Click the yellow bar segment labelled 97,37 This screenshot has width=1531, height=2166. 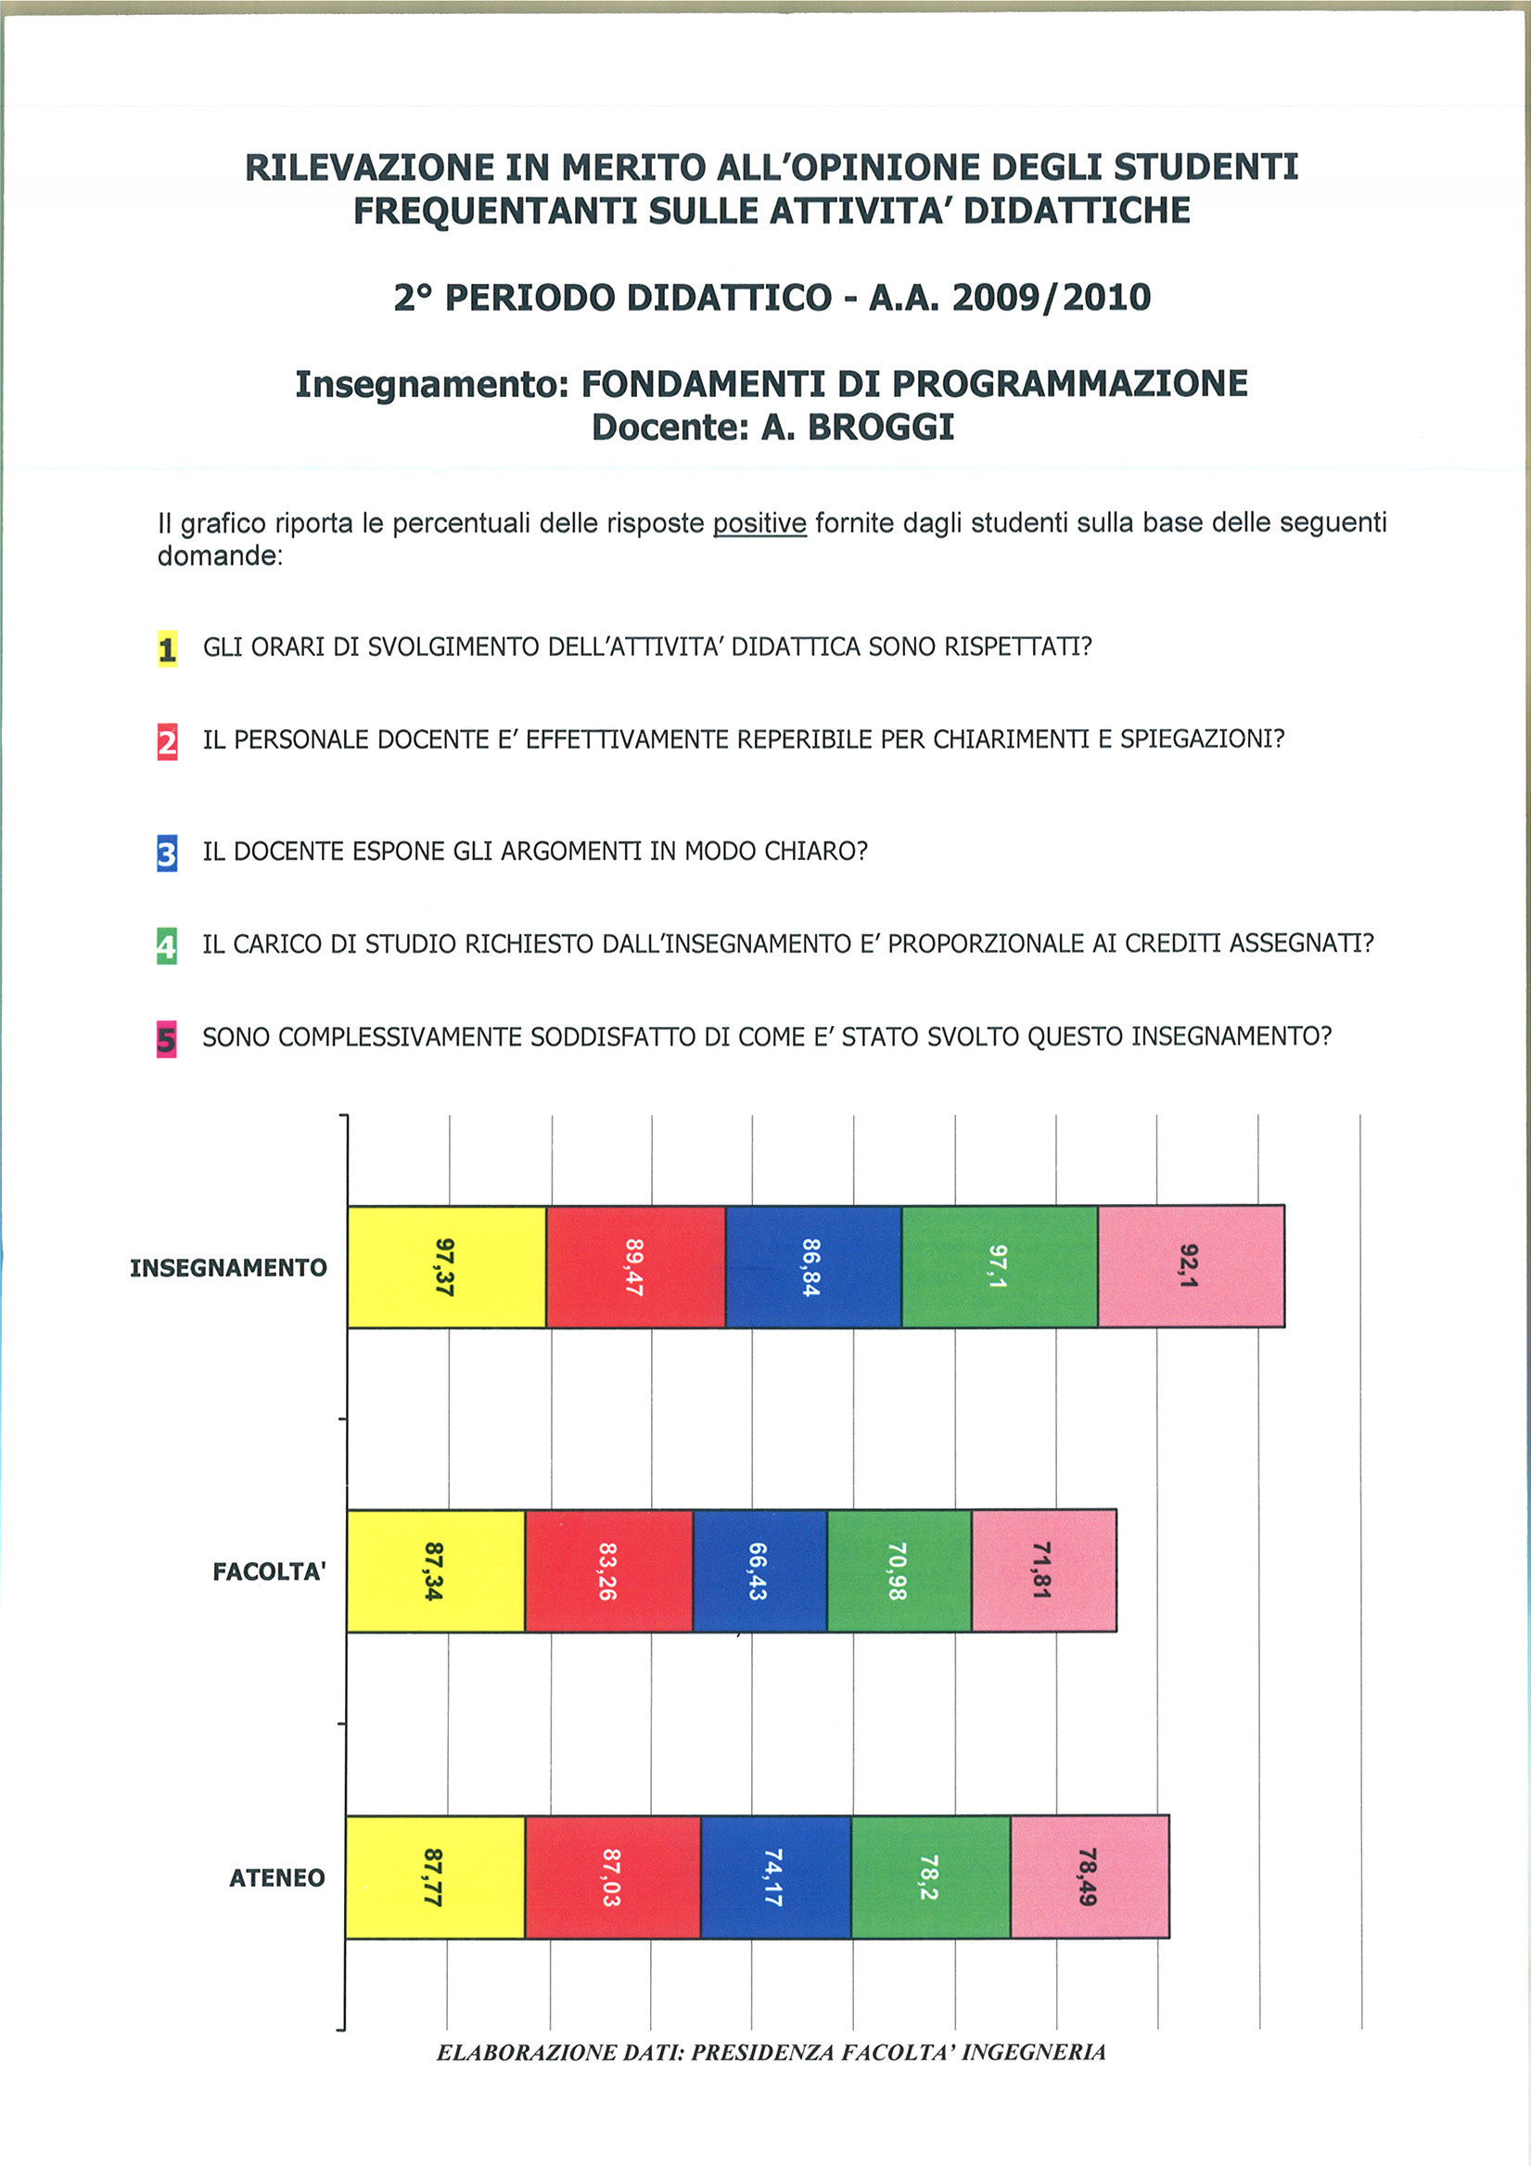point(446,1266)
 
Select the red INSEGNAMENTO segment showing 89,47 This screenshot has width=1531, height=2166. point(635,1266)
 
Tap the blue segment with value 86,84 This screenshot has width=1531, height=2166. point(813,1266)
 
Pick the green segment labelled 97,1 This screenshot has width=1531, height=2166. point(999,1266)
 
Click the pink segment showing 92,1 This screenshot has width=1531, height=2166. point(1191,1266)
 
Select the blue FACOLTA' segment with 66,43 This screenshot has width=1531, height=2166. point(759,1570)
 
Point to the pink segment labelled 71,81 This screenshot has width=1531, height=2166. point(1043,1570)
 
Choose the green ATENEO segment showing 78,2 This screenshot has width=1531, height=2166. point(930,1877)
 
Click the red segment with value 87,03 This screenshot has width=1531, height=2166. point(612,1877)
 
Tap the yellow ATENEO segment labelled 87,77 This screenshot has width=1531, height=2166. point(435,1877)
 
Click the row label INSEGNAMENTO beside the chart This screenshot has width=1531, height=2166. point(228,1268)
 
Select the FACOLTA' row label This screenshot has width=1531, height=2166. point(269,1571)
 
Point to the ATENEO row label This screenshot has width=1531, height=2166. point(276,1878)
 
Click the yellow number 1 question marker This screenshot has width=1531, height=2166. point(167,649)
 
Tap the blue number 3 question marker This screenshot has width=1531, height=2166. point(167,853)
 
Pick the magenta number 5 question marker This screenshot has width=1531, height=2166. point(166,1040)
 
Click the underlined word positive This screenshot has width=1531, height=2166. point(759,522)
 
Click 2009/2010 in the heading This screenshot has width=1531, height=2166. point(1051,297)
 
